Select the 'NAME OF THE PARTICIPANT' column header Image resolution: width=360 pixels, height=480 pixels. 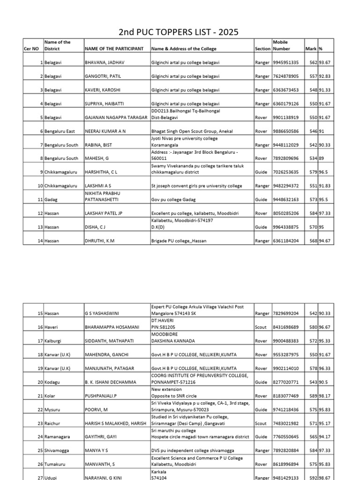[114, 49]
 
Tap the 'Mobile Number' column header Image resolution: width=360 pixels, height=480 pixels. [281, 45]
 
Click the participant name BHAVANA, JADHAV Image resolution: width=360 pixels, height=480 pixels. [103, 62]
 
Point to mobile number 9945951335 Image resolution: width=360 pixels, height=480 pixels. [285, 62]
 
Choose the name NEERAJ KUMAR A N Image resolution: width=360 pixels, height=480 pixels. [105, 131]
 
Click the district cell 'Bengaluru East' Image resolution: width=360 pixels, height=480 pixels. [60, 131]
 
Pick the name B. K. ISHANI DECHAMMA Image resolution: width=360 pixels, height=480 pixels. [110, 382]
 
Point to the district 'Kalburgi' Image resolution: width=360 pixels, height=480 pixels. [53, 341]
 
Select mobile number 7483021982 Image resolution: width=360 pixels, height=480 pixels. [285, 424]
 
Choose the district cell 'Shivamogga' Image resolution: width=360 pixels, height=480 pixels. [57, 451]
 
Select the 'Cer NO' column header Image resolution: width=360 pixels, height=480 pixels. [31, 49]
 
